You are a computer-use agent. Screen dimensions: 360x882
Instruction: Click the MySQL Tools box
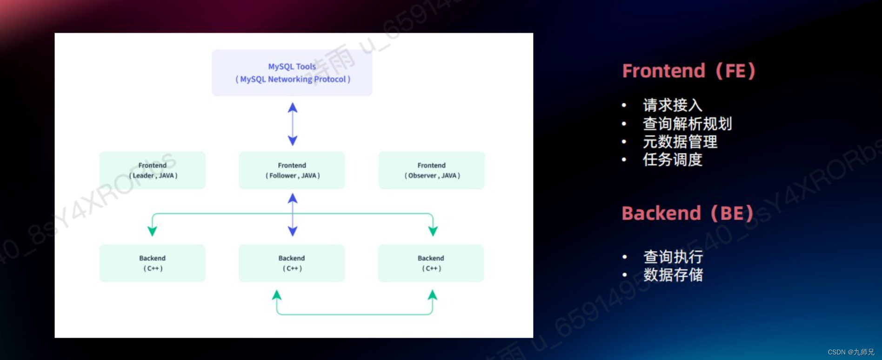(x=292, y=73)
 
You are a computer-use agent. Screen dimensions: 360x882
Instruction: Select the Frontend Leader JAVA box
(x=153, y=170)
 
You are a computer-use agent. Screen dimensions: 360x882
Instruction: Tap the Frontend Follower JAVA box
(x=292, y=170)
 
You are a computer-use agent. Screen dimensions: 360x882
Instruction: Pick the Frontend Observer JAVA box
(x=432, y=170)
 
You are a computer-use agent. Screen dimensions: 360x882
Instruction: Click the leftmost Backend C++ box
(x=153, y=263)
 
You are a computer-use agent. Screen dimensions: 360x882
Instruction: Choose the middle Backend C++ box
(x=292, y=263)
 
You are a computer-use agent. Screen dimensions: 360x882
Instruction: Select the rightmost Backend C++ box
(x=431, y=263)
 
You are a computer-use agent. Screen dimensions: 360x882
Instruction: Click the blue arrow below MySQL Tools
(x=293, y=124)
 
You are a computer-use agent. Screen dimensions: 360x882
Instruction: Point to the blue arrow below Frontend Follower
(x=293, y=215)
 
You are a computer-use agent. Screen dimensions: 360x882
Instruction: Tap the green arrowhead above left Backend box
(x=152, y=231)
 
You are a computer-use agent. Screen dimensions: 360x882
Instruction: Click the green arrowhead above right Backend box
(x=433, y=231)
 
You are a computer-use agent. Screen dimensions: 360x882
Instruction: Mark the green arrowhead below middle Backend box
(x=277, y=295)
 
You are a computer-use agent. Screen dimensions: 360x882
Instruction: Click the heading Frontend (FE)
(x=688, y=71)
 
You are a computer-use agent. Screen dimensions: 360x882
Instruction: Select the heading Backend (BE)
(x=687, y=213)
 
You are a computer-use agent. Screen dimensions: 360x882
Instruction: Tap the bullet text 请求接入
(x=672, y=105)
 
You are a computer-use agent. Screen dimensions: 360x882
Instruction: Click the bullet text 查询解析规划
(x=687, y=124)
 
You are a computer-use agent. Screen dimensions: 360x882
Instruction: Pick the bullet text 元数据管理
(x=680, y=142)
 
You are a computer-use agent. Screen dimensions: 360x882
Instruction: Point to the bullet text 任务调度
(x=672, y=160)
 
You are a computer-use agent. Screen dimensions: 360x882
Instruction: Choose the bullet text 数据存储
(x=673, y=275)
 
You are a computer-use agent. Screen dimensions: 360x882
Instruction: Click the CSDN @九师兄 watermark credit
(x=851, y=352)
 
